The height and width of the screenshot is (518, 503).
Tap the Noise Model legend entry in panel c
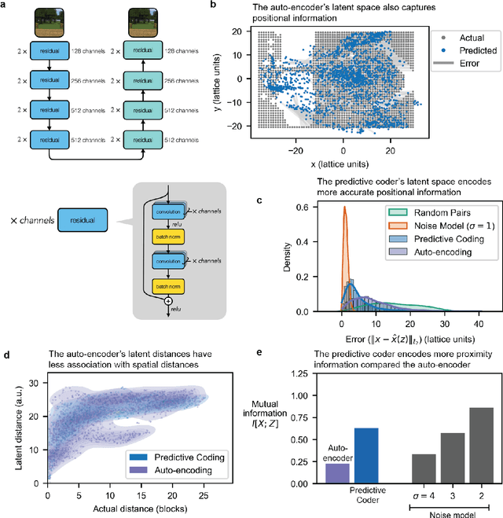tap(439, 224)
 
